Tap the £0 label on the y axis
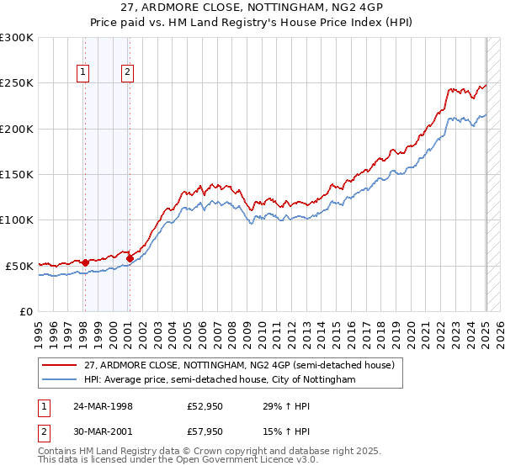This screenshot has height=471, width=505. tap(25, 311)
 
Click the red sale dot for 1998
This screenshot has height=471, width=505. tap(85, 262)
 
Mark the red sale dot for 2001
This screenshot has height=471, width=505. tap(130, 258)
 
